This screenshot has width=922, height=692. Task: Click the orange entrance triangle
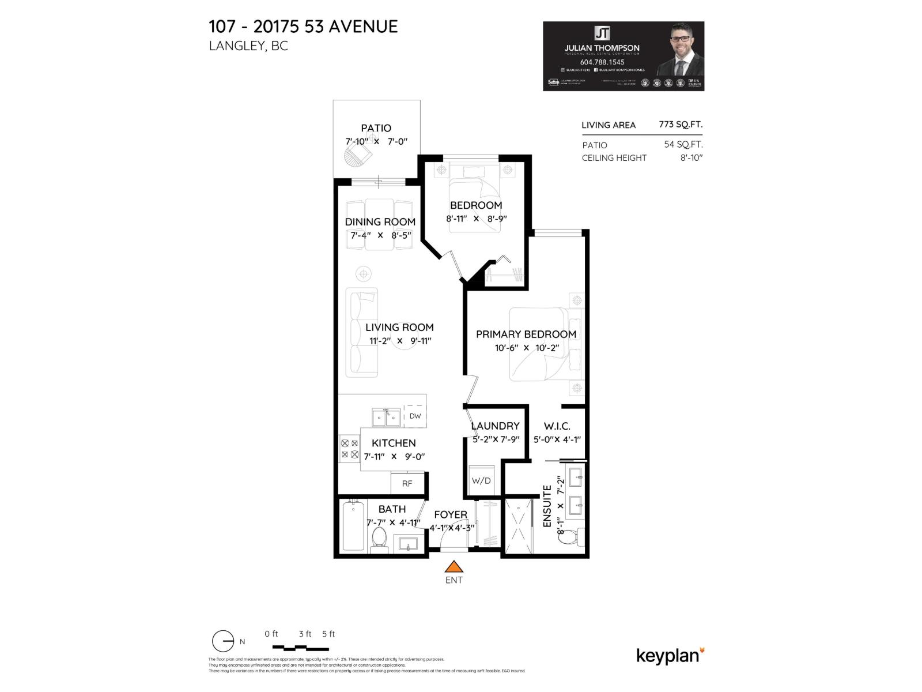(454, 567)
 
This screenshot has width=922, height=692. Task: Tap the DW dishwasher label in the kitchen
(415, 416)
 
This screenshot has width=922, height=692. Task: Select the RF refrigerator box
(407, 483)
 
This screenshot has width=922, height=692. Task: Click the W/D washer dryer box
(481, 480)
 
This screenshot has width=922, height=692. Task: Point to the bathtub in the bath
(353, 527)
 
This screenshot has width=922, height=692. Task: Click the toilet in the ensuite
(570, 537)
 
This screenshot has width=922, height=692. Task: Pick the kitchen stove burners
(350, 449)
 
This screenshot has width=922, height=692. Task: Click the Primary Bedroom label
(526, 334)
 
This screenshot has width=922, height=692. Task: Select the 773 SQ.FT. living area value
(681, 125)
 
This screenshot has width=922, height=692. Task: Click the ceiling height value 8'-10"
(691, 157)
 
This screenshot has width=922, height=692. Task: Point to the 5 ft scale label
(328, 634)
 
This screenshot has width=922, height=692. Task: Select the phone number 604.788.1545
(602, 62)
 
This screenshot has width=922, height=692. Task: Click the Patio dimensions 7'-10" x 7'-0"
(376, 141)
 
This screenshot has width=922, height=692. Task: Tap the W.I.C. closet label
(557, 426)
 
